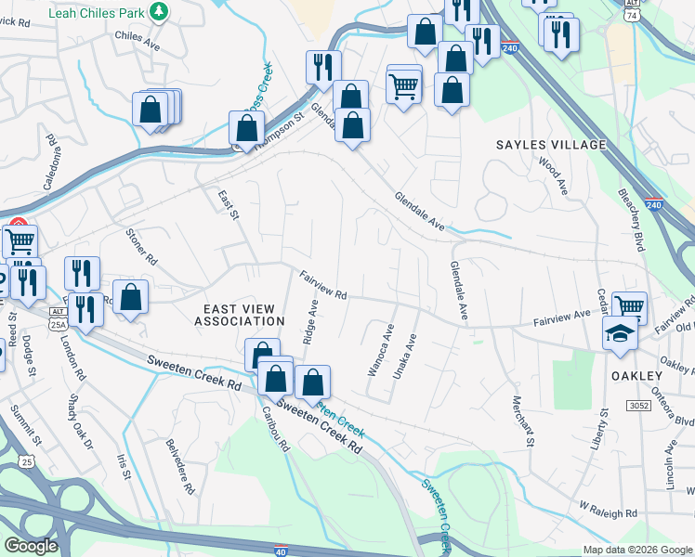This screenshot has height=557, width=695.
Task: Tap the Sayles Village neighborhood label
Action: coord(550,145)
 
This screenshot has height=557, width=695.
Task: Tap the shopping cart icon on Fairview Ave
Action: coord(629,305)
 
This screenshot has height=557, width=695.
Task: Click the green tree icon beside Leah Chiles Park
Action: coord(160,10)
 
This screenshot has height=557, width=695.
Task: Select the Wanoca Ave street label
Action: coord(380,350)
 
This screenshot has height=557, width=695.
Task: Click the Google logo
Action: coord(31,546)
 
